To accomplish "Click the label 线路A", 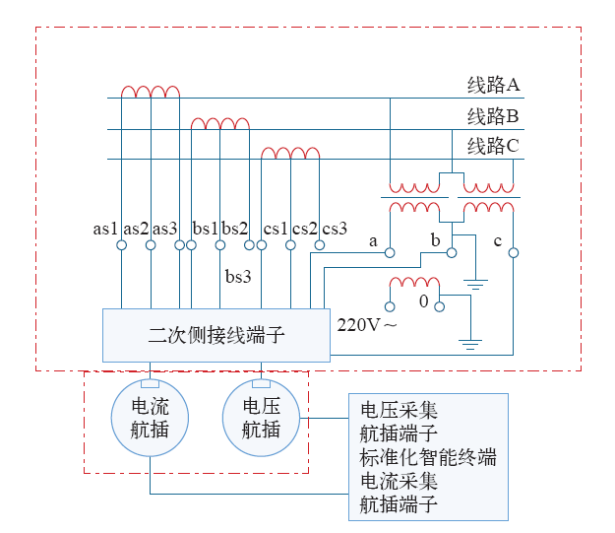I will [493, 86].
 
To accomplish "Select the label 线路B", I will [493, 116].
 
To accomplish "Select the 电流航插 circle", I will [149, 418].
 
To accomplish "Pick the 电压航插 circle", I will [261, 418].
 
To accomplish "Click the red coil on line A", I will [151, 92].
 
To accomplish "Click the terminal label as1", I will [105, 229].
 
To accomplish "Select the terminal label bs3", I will [238, 276].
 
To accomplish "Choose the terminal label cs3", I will [335, 229].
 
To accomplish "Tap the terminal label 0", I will [424, 301].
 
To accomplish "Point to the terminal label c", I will [498, 241].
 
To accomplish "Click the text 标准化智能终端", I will [428, 458].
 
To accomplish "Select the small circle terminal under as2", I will [150, 245].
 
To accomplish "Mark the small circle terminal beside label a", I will [390, 253].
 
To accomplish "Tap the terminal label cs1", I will [276, 229].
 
